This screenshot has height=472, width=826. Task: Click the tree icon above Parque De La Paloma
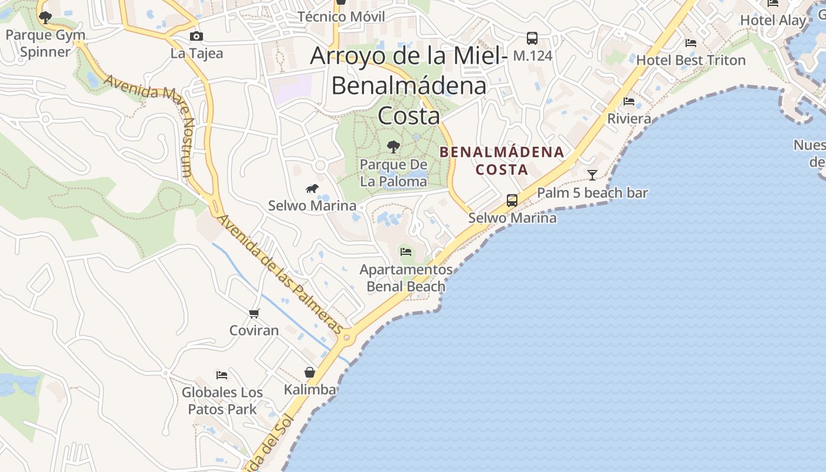coord(393,147)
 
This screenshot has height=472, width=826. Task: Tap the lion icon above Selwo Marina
coord(312,189)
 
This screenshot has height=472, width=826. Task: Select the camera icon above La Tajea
coord(196,37)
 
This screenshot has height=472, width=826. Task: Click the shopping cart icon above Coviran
coord(254,313)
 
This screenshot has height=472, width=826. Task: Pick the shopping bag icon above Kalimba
coord(310,373)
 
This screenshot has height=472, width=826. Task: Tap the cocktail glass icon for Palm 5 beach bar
coord(592,175)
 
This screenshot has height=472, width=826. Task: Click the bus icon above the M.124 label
coord(532,39)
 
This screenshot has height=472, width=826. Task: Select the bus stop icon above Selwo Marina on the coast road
coord(512,201)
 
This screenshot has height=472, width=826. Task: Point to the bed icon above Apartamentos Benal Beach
coord(406,252)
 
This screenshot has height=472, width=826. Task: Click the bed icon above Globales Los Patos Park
coord(222,375)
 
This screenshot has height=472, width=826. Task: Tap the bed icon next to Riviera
coord(629,102)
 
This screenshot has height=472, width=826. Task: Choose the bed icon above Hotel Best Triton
coord(691,43)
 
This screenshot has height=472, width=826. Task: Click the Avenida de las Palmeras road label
coord(280,275)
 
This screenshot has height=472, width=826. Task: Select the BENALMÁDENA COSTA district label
coord(502,161)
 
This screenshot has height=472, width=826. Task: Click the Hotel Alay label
coord(773,20)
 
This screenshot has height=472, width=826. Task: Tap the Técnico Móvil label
coord(341,17)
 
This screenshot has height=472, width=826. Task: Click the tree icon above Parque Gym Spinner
coord(45,18)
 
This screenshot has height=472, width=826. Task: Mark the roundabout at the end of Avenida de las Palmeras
coord(347,338)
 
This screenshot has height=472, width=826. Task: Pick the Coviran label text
coord(254,330)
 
